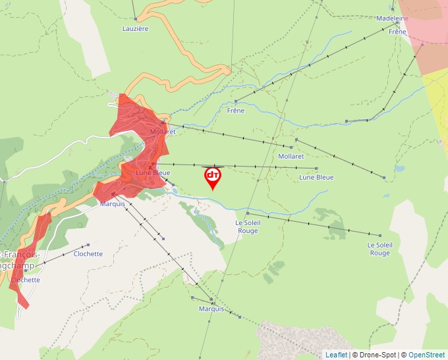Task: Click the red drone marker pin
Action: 213,176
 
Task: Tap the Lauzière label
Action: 136,28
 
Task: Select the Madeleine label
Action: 392,18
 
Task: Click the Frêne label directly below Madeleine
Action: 398,32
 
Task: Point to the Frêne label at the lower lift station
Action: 235,111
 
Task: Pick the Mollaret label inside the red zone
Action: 163,132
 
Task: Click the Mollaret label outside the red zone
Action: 291,157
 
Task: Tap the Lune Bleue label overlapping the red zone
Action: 153,173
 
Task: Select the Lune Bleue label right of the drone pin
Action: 316,177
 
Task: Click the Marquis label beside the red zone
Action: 112,203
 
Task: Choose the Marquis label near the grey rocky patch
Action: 211,309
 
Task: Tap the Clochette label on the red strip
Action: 25,280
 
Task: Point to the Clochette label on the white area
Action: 88,253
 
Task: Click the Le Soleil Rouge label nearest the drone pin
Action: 248,226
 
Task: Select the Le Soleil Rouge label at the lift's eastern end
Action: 379,249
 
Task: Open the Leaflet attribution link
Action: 336,355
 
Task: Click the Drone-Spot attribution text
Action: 376,355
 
